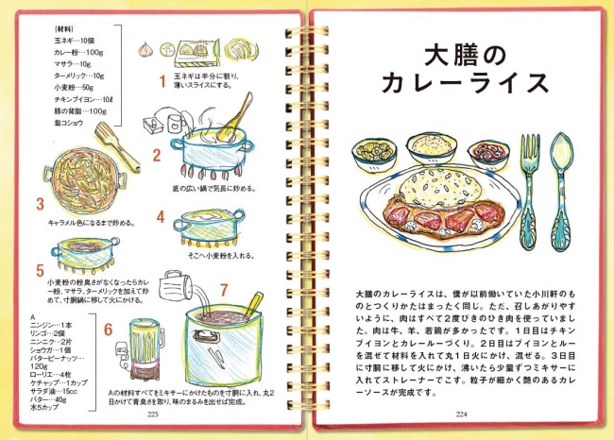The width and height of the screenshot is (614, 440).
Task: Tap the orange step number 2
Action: click(x=157, y=156)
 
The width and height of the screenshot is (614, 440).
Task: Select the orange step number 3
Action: click(x=41, y=204)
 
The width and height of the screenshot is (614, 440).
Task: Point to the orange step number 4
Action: click(x=161, y=216)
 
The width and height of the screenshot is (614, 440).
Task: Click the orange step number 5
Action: click(x=40, y=271)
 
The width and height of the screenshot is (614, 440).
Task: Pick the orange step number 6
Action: click(x=109, y=330)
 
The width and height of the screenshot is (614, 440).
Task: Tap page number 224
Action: click(x=461, y=413)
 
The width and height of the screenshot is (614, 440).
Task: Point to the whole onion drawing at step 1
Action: click(x=145, y=47)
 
